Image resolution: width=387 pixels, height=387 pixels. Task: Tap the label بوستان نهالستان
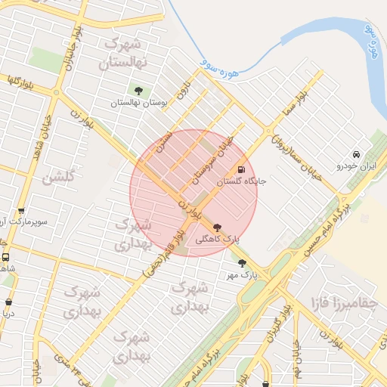[138, 103]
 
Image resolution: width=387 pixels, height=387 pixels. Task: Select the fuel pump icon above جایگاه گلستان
[241, 169]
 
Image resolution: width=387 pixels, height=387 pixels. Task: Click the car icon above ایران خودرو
[357, 154]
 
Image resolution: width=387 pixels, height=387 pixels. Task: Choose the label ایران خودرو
[357, 165]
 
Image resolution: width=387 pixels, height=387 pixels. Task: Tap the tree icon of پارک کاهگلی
[218, 227]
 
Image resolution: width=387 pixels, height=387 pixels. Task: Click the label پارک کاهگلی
[218, 238]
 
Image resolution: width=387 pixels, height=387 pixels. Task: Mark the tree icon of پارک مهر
[242, 264]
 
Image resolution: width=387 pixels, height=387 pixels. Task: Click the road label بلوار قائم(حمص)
[163, 253]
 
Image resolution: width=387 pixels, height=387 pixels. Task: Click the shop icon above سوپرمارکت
[20, 212]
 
